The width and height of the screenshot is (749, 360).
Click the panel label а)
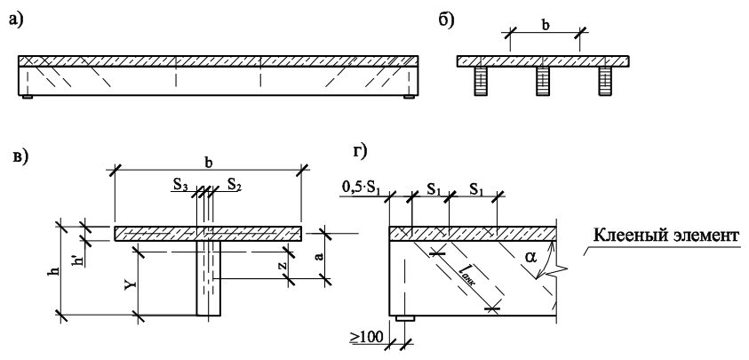coord(16,20)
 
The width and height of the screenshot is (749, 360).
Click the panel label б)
coord(446,20)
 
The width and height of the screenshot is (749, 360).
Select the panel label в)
coord(20,157)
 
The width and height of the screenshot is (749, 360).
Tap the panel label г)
coord(359,151)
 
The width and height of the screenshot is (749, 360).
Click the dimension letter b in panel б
coord(545,25)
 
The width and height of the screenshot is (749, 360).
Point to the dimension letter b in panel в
coord(209,162)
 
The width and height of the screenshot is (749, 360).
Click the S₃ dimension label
coord(180,184)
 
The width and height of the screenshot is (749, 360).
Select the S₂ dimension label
coord(234,184)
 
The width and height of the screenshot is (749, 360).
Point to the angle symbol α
coord(530,258)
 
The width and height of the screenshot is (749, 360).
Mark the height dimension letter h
coord(55,270)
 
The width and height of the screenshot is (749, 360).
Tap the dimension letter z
coord(283,264)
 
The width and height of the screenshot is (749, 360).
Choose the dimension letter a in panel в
coord(321,256)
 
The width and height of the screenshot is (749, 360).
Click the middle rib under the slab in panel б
coord(543,81)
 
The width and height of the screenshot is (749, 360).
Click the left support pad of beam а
coord(28,97)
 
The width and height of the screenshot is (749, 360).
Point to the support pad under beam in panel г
coord(405,318)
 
